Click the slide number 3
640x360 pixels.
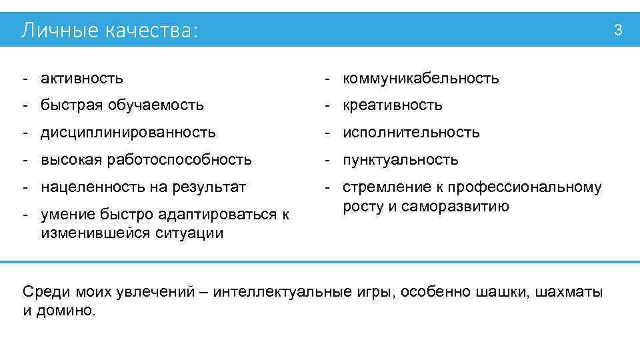[x=618, y=29]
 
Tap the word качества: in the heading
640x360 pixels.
[x=151, y=31]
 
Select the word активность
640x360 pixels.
[x=82, y=78]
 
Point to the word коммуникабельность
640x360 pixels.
[x=421, y=78]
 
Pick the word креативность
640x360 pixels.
[x=393, y=105]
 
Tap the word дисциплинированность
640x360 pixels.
[x=128, y=133]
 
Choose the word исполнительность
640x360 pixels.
[x=411, y=133]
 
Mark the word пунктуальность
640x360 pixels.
[x=401, y=160]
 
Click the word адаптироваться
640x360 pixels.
[x=213, y=215]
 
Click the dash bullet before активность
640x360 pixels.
[x=25, y=78]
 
